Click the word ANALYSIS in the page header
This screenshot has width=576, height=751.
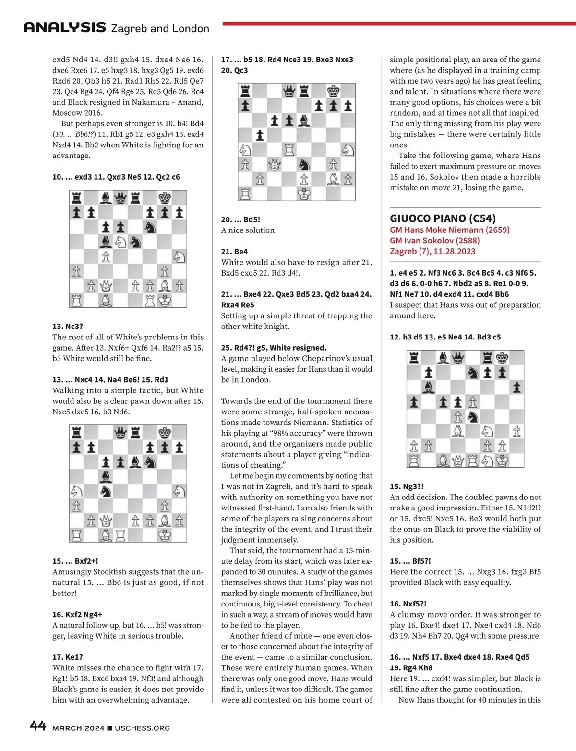pyautogui.click(x=65, y=27)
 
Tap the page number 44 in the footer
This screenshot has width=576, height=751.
pyautogui.click(x=38, y=726)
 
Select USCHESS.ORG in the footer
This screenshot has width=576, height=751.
pyautogui.click(x=143, y=728)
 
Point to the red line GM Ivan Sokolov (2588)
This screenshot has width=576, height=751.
pyautogui.click(x=434, y=241)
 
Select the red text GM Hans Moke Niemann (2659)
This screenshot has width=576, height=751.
pyautogui.click(x=449, y=230)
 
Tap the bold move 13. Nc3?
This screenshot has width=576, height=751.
pyautogui.click(x=68, y=327)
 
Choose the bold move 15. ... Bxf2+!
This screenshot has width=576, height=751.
pyautogui.click(x=75, y=561)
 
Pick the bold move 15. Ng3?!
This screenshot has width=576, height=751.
pyautogui.click(x=407, y=486)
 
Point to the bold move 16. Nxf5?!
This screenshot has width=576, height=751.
pyautogui.click(x=408, y=604)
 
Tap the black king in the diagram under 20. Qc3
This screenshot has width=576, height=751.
pyautogui.click(x=334, y=91)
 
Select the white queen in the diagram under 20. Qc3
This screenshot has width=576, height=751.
pyautogui.click(x=275, y=165)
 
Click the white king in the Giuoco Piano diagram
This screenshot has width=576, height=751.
pyautogui.click(x=502, y=461)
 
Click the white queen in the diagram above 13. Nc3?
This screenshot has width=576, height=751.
pyautogui.click(x=106, y=287)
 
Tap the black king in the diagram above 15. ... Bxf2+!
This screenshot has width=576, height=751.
pyautogui.click(x=165, y=433)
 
